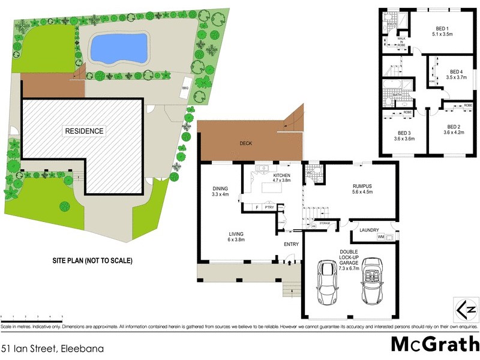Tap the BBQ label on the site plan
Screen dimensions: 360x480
(x=185, y=90)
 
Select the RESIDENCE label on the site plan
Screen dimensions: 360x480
(x=85, y=131)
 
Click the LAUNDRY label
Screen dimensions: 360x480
(x=369, y=230)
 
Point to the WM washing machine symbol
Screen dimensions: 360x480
(x=381, y=238)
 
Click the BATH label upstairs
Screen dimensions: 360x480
(x=397, y=95)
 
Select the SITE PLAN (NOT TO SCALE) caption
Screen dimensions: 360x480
(x=91, y=261)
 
